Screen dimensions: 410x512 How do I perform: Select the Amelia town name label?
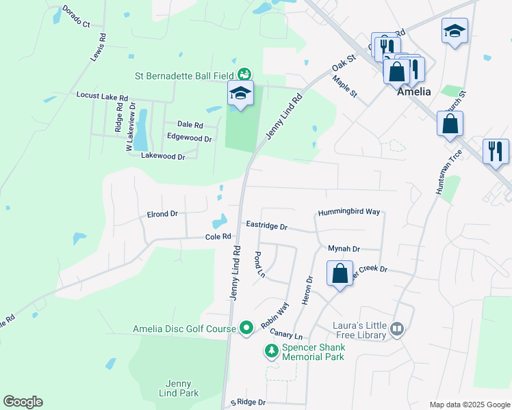(415, 92)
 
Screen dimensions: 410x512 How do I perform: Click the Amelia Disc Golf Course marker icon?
(247, 329)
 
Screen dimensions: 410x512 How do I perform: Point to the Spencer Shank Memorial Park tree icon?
(272, 351)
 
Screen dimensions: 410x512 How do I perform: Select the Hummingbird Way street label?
(348, 212)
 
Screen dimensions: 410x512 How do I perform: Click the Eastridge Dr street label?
(266, 225)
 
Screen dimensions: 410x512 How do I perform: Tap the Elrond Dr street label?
(162, 214)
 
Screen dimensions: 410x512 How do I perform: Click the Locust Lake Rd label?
(102, 97)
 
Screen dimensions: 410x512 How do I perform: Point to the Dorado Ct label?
(76, 16)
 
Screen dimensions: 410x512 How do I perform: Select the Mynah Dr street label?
(344, 249)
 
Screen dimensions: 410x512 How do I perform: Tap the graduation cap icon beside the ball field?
(240, 94)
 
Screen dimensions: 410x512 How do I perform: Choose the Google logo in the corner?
(23, 402)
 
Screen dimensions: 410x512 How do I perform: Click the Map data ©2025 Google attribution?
(469, 405)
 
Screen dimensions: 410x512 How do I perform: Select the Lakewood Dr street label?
(163, 156)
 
